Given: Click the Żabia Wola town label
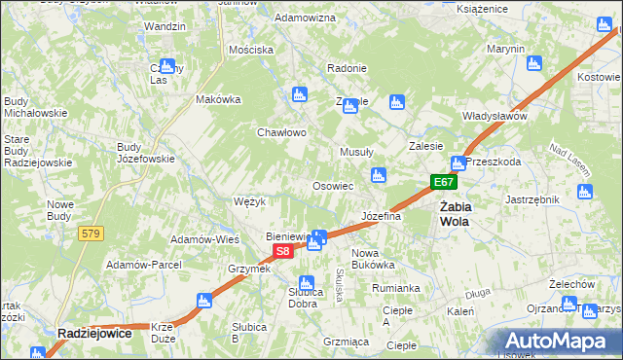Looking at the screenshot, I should [455, 214].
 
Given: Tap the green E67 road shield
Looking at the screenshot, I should [444, 183].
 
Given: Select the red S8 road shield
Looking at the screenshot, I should [281, 251].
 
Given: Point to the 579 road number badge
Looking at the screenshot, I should [91, 234].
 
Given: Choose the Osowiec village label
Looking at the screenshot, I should [332, 186].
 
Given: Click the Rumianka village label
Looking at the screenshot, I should [395, 288].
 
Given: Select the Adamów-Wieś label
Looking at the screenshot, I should [205, 239].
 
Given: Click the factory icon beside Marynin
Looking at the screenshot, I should [531, 64].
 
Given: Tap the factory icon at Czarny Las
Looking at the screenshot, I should [167, 66].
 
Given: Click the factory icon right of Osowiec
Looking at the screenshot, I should [379, 175].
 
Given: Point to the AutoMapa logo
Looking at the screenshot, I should [560, 341].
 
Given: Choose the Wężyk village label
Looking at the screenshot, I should [250, 201].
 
